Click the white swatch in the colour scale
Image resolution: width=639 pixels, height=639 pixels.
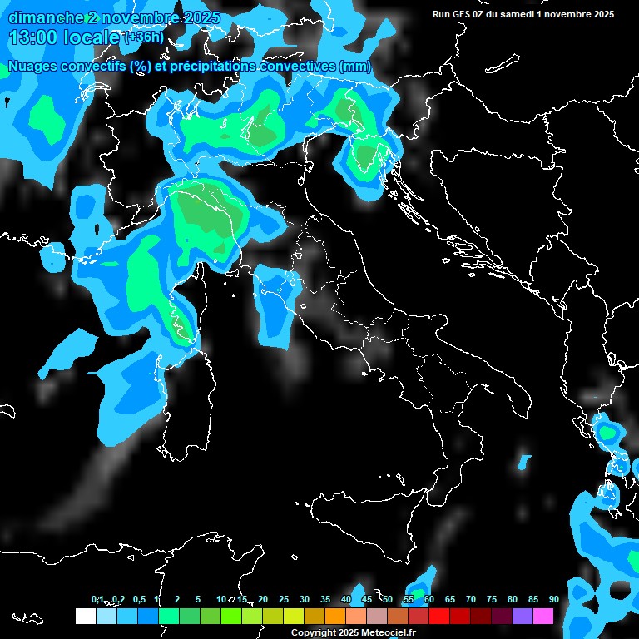tap(86, 616)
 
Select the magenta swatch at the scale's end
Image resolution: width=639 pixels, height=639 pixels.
tap(543, 616)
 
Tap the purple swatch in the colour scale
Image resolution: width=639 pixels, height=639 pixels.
tap(523, 616)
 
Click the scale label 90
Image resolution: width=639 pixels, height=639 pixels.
tap(553, 599)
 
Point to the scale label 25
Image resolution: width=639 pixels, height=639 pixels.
tap(284, 599)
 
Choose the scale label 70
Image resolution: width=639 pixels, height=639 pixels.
tap(470, 599)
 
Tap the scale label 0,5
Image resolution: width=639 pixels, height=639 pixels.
tap(138, 599)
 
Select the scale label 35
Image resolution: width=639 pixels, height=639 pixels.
tap(325, 599)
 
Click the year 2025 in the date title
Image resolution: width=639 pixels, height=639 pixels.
tap(200, 17)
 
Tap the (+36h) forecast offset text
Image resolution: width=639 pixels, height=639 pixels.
tap(144, 38)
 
